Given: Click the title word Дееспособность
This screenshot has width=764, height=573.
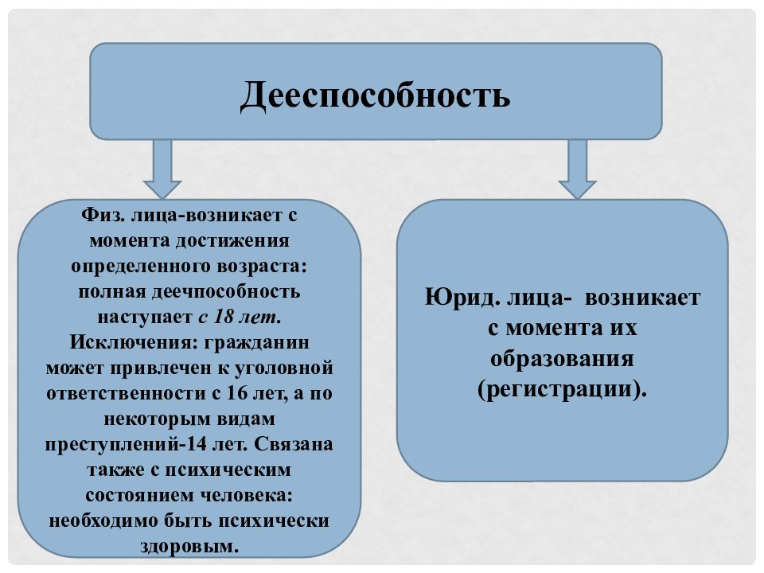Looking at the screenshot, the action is (375, 95).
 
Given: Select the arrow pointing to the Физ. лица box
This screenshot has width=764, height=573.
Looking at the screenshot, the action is (162, 169).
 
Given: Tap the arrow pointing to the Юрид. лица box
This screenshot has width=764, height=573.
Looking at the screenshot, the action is (578, 169).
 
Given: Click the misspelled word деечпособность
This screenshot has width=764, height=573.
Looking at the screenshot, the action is (225, 292).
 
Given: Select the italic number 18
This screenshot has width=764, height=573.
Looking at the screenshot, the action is (224, 318).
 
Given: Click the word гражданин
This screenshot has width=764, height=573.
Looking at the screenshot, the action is (257, 343).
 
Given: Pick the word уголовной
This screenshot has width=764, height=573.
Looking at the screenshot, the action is (284, 368).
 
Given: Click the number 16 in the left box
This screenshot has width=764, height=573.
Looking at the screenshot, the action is (237, 393).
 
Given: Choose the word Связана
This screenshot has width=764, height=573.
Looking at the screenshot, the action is (294, 444).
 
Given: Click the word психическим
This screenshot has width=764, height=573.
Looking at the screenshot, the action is (228, 470).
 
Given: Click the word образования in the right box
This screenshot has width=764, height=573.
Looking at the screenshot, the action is (562, 360).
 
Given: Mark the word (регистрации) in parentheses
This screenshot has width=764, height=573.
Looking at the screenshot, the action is (562, 390).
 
